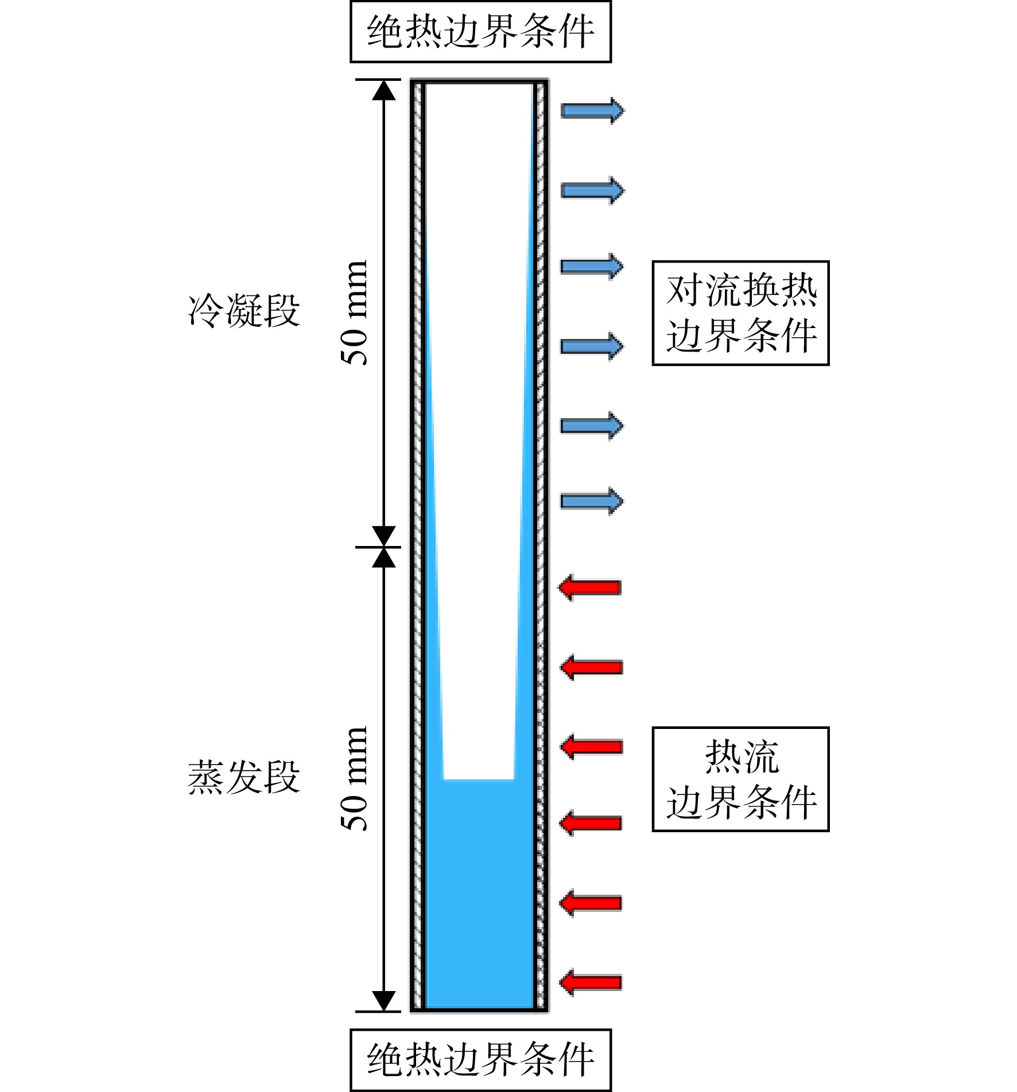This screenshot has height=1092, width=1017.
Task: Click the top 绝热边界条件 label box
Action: (x=480, y=32)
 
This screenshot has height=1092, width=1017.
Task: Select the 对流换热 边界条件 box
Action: (x=740, y=313)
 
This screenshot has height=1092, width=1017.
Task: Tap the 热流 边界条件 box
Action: (x=740, y=779)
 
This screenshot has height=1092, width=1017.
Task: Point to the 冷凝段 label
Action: (x=244, y=310)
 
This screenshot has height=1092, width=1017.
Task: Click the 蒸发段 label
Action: (x=244, y=777)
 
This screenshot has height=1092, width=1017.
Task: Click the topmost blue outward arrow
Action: (x=592, y=111)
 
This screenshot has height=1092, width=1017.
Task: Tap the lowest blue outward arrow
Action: (x=592, y=502)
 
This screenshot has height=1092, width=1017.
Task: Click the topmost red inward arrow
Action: (x=590, y=588)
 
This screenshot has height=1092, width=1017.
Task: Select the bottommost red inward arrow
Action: (x=590, y=982)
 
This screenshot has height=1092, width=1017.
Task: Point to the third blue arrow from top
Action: (x=592, y=266)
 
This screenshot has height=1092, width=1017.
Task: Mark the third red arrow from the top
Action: (x=591, y=747)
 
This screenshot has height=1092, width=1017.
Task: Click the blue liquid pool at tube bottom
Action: (x=479, y=895)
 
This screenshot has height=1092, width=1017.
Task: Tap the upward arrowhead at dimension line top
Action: (x=384, y=91)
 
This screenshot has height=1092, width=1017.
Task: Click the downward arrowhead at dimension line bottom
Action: (x=384, y=1001)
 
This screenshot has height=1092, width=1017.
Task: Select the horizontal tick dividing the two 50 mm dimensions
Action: (x=378, y=547)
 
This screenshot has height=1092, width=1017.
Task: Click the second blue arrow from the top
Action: (x=592, y=190)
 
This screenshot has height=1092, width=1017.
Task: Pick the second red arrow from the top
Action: (x=591, y=668)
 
